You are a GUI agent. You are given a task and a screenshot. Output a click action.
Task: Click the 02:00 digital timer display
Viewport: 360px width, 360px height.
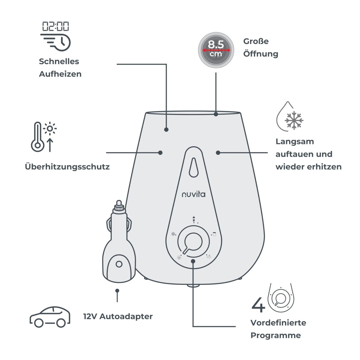[x=55, y=26]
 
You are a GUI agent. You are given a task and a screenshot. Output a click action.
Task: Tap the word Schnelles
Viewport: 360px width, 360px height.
[x=59, y=62]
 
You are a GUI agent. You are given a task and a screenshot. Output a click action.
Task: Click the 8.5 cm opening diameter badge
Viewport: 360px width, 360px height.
[x=216, y=50]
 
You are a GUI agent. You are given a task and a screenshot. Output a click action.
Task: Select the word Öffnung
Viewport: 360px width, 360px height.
[x=261, y=54]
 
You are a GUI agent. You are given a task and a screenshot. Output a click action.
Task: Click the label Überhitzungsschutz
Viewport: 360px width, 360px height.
[x=67, y=167]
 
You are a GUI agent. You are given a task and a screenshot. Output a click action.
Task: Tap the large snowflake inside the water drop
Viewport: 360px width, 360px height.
[x=294, y=120]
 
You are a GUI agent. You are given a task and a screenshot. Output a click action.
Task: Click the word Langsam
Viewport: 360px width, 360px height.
[x=295, y=142]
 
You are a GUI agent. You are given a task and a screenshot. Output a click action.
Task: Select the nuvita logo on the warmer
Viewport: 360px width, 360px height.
[x=194, y=194]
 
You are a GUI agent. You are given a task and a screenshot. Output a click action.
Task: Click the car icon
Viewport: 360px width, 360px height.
[x=50, y=317]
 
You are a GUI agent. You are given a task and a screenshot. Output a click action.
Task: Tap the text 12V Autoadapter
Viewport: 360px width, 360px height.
[x=118, y=316]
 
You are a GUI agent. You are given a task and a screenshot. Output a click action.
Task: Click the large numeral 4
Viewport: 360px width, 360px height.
[x=258, y=307]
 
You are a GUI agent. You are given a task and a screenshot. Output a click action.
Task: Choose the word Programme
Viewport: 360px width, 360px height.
[x=276, y=336]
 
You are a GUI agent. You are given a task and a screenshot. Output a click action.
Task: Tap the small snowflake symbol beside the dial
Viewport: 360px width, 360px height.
[x=173, y=234]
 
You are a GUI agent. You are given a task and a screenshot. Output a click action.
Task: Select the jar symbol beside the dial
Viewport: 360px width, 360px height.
[x=214, y=234]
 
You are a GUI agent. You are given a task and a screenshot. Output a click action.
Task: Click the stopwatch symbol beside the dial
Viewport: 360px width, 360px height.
[x=209, y=257]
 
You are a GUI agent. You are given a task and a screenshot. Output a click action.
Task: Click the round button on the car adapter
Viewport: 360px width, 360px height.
[x=119, y=264]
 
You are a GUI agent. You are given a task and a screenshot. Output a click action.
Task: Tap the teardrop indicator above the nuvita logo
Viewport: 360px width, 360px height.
[x=194, y=167]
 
